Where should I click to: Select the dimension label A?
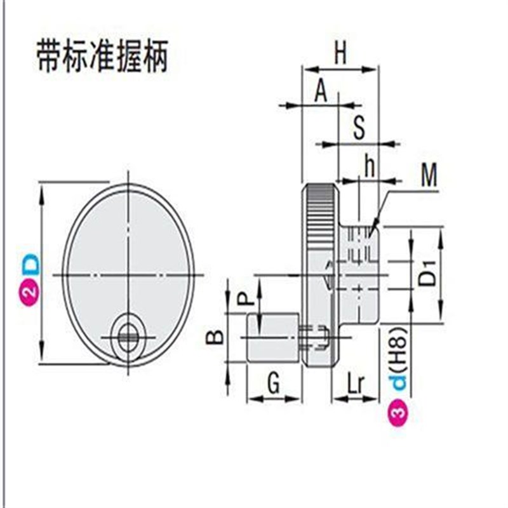[321, 93]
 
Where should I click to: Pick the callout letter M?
[429, 177]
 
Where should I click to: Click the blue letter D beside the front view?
[29, 264]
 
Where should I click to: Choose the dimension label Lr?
[356, 384]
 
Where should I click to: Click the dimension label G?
[274, 384]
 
